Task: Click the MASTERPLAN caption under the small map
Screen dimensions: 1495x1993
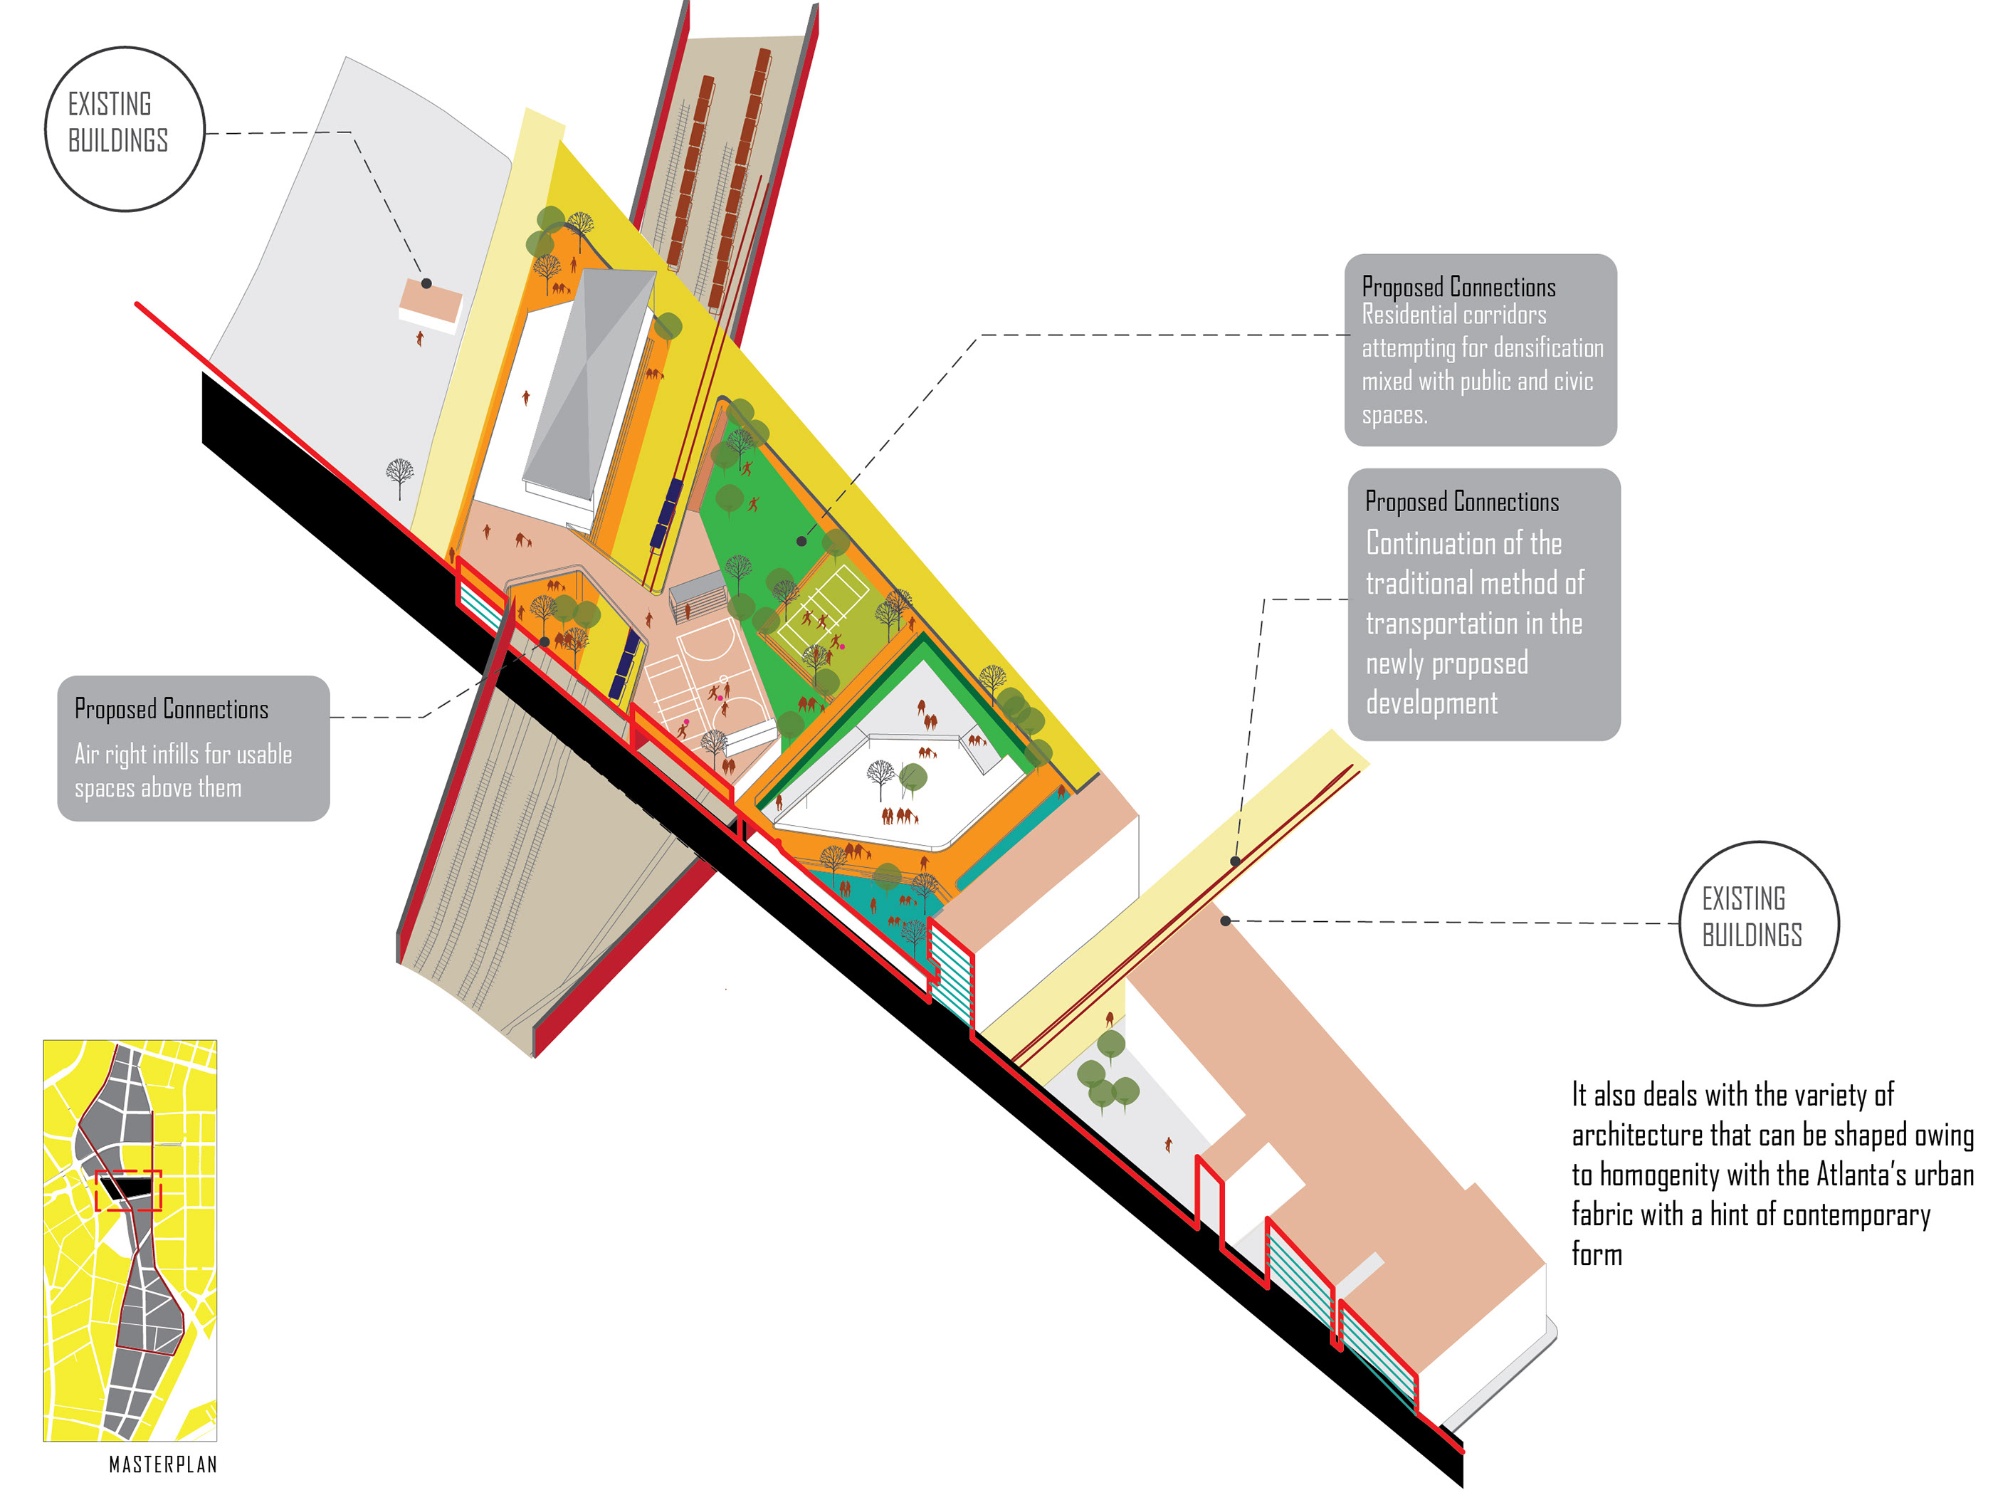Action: click(x=163, y=1464)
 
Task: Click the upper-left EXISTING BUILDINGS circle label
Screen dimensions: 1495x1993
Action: click(x=125, y=128)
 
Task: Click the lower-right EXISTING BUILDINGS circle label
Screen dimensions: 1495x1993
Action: click(x=1758, y=923)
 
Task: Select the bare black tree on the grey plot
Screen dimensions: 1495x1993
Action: click(x=399, y=473)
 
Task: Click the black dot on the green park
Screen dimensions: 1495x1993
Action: click(x=801, y=540)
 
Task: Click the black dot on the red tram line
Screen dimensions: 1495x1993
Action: click(x=1235, y=861)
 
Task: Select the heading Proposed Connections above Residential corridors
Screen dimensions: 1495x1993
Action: click(x=1458, y=288)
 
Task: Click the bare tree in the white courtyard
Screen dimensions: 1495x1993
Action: click(x=880, y=775)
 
